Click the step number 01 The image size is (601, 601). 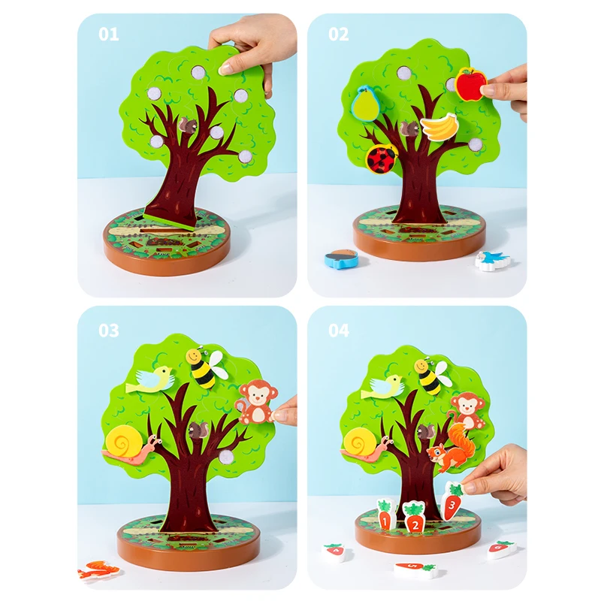(108, 34)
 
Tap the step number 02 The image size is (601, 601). (339, 34)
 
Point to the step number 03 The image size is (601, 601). (108, 331)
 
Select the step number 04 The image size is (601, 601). (339, 331)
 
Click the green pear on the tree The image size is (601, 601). (364, 104)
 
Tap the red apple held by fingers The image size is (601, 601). (470, 84)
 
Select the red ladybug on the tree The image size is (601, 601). (382, 158)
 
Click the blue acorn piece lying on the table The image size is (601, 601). (340, 260)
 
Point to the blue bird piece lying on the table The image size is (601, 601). (493, 260)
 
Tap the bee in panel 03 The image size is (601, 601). (204, 367)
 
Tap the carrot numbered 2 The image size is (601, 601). (413, 517)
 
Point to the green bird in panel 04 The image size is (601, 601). (383, 387)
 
